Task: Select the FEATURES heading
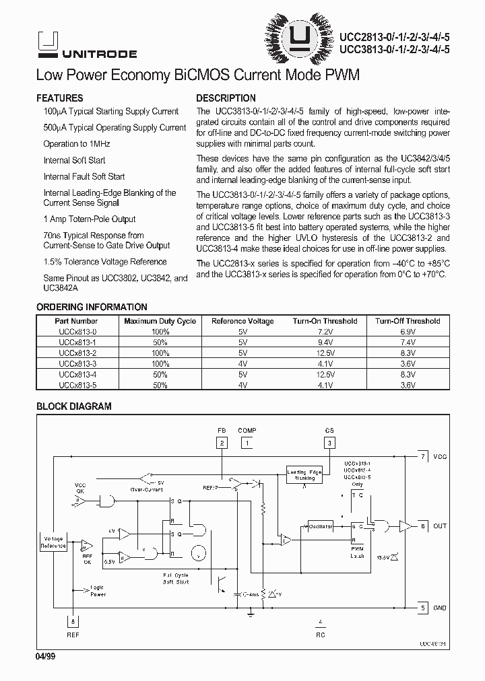59,98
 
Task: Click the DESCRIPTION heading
226,98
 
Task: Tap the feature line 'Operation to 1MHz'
77,144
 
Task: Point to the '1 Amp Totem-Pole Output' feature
90,219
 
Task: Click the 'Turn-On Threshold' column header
325,321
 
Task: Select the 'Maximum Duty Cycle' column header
160,321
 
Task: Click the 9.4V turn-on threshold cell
325,343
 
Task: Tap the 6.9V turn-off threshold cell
408,332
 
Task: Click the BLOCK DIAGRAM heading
73,406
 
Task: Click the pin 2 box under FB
222,443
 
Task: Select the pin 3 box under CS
329,443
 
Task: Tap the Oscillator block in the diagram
321,526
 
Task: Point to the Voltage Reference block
54,542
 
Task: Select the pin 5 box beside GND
422,608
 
